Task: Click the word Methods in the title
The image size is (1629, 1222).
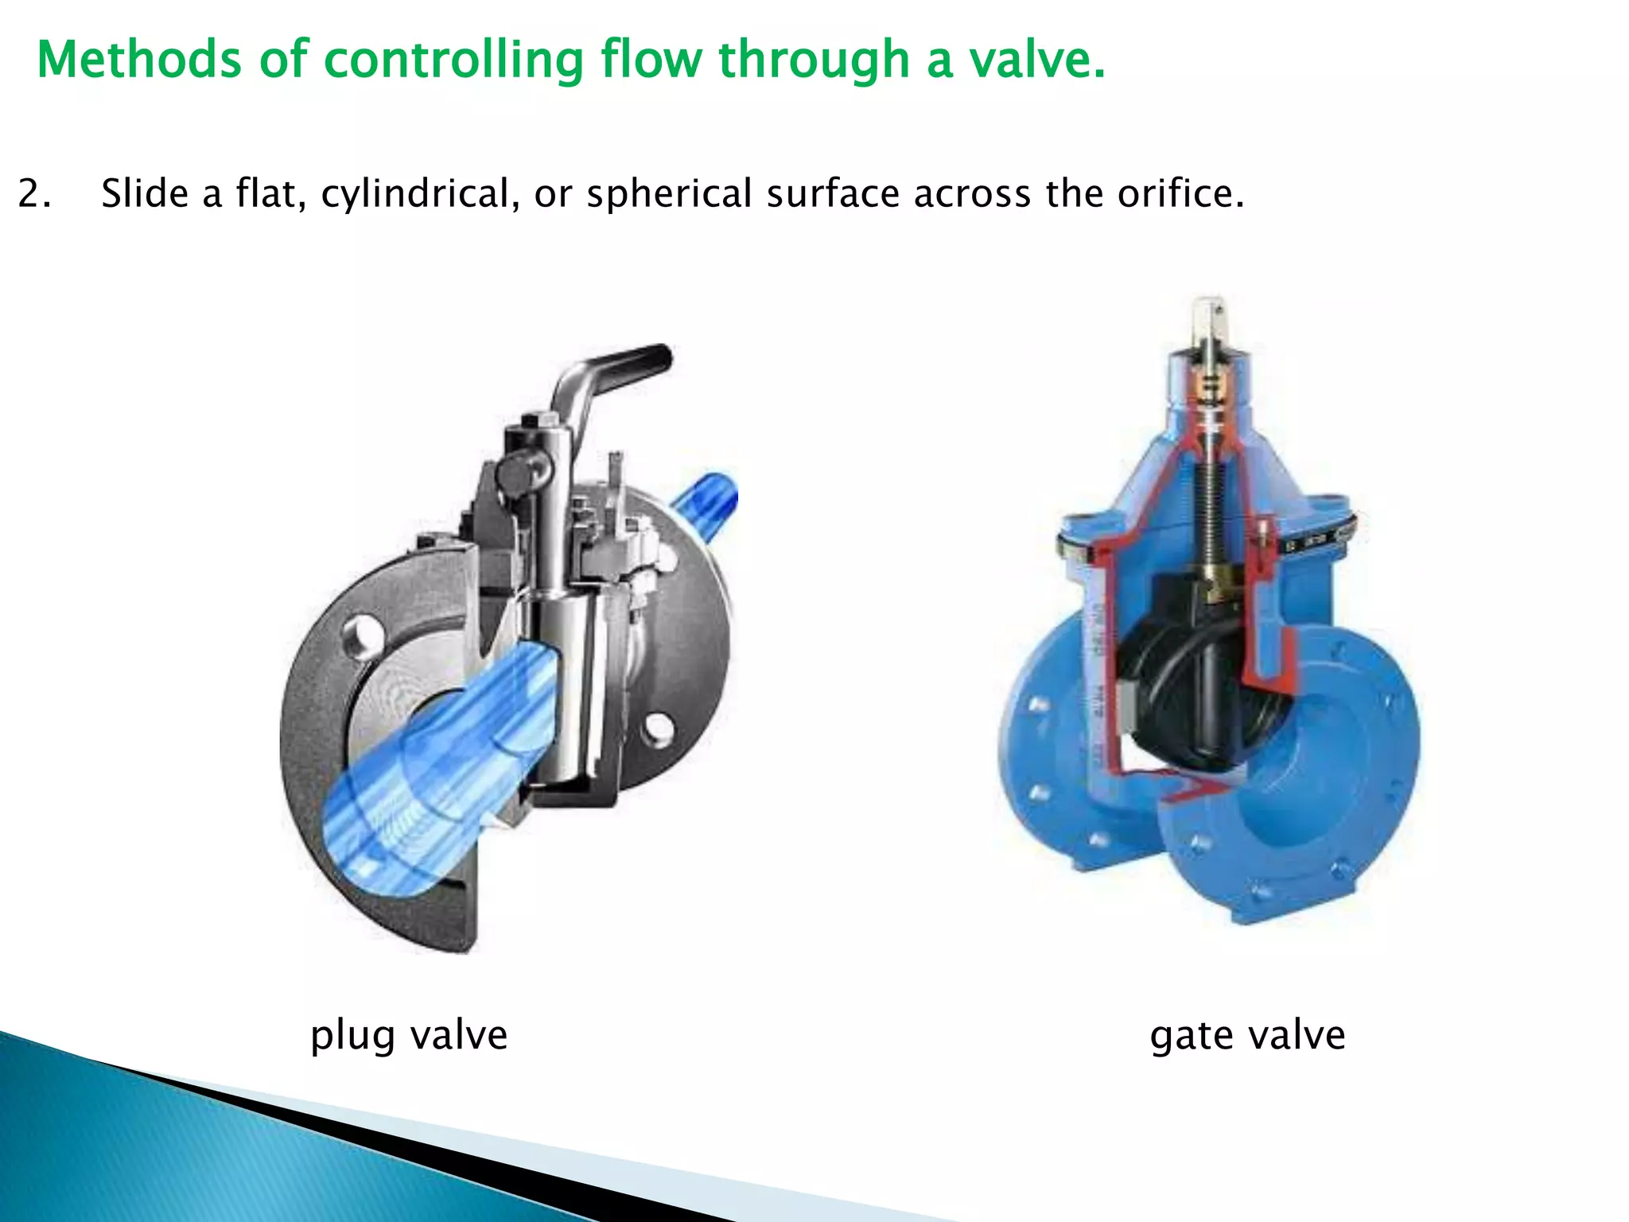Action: [138, 60]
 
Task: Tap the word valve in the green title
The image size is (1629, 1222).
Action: [1036, 60]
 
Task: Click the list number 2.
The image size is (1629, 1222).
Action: [33, 194]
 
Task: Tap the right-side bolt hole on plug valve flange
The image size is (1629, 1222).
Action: [659, 727]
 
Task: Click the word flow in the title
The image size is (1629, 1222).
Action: [651, 60]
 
